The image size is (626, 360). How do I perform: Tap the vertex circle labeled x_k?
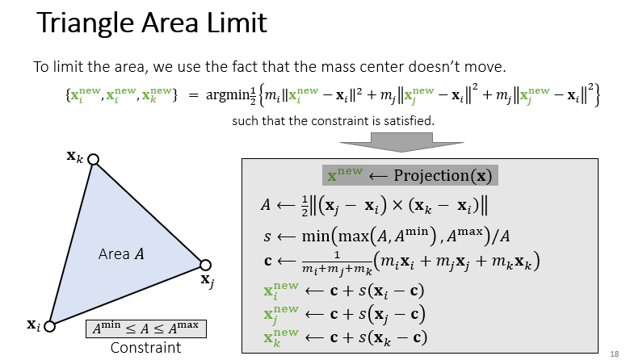[x=94, y=160]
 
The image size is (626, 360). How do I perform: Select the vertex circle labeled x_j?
[x=205, y=265]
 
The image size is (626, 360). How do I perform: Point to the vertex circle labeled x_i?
[x=48, y=326]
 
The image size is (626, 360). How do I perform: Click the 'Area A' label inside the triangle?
[x=121, y=254]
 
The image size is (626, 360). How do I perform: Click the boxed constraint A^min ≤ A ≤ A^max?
[x=146, y=329]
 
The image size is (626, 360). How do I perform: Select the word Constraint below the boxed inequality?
[x=146, y=348]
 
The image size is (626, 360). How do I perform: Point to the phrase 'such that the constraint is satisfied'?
[x=334, y=121]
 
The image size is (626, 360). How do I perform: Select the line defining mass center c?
[x=400, y=261]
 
